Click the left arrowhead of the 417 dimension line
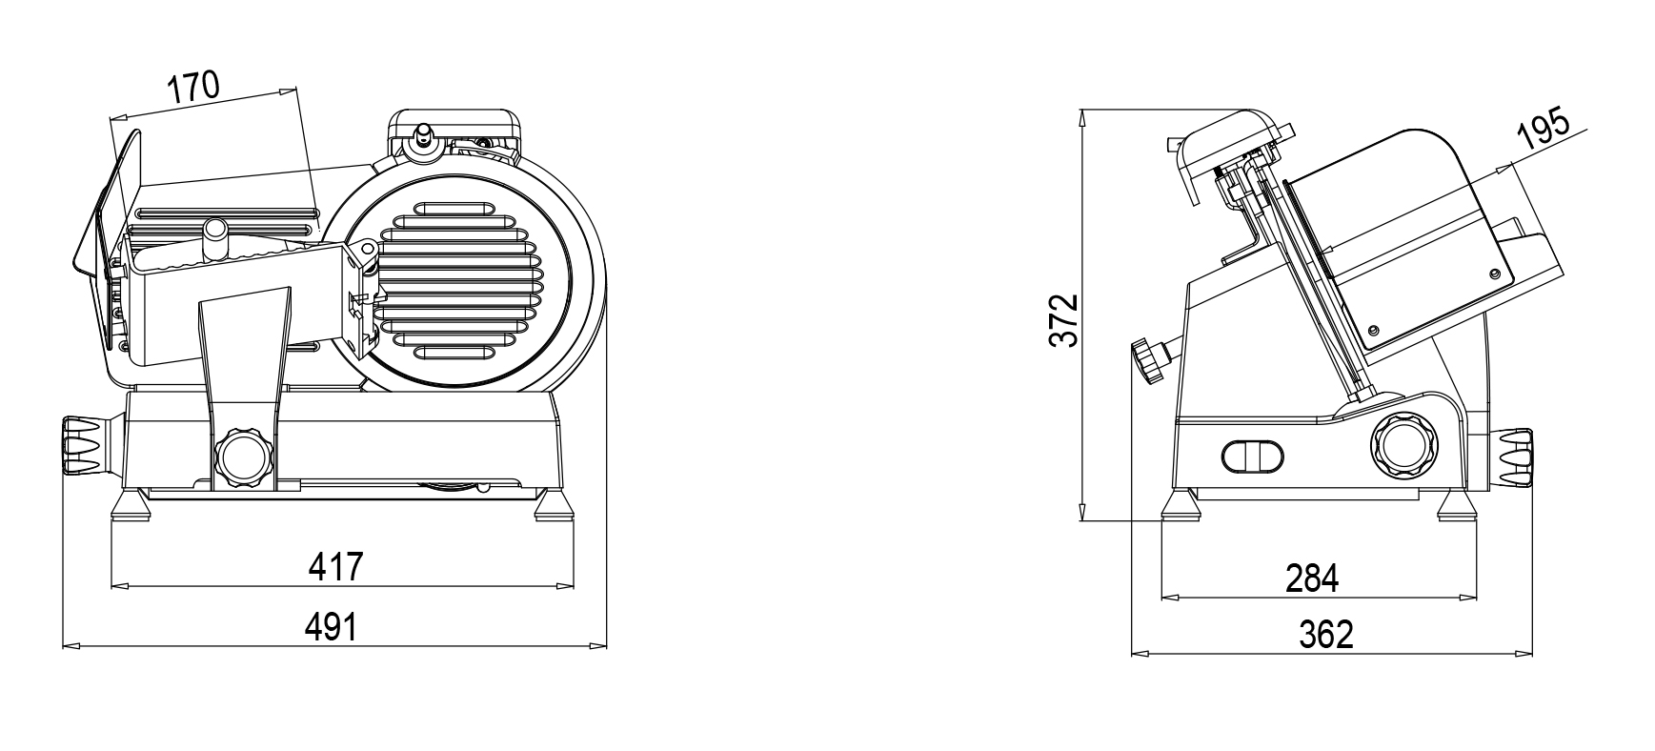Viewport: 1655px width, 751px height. point(119,585)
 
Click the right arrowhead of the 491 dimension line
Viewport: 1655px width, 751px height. point(599,647)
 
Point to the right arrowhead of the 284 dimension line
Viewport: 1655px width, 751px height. point(1468,598)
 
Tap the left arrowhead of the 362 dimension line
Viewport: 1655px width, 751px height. point(1140,654)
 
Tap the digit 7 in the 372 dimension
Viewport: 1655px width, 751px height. point(1064,320)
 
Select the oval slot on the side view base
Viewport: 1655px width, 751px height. point(1252,456)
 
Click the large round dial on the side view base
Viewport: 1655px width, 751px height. point(1401,443)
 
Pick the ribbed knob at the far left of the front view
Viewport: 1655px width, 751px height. point(82,443)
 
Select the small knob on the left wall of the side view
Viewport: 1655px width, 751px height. point(1150,360)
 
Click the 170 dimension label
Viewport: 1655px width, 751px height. point(193,88)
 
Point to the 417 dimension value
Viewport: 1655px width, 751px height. point(336,566)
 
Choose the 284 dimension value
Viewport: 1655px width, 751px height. point(1312,578)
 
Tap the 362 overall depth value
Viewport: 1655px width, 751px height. point(1325,634)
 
